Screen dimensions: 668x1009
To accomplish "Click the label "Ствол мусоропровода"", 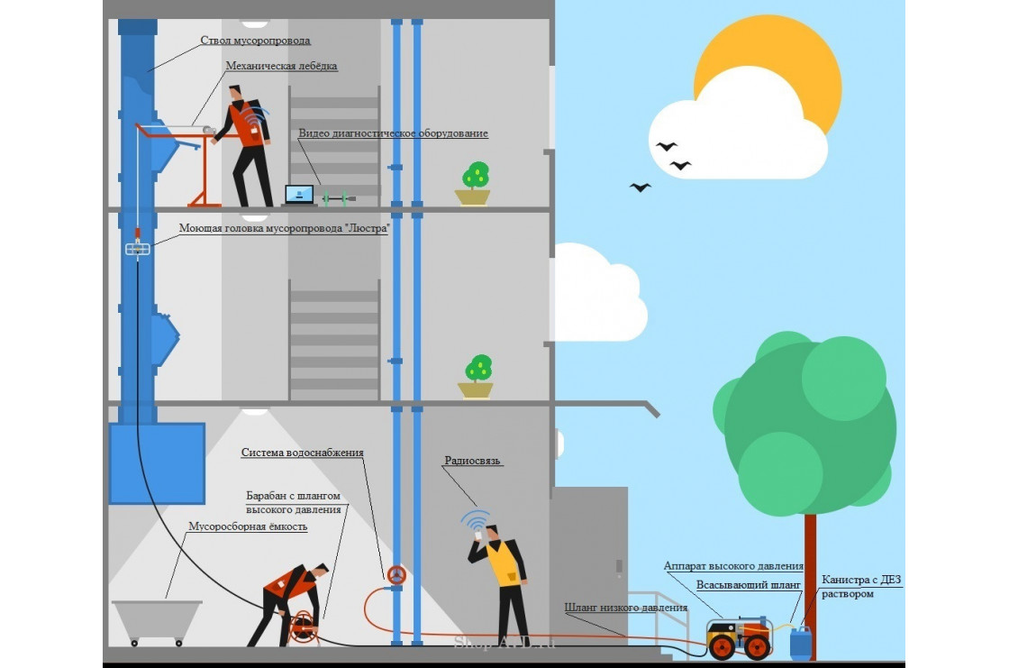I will tap(255, 41).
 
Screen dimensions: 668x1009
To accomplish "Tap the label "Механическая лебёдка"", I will tap(281, 67).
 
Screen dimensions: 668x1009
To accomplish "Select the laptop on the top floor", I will tap(299, 195).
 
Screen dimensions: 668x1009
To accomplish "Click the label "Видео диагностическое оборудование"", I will tap(394, 133).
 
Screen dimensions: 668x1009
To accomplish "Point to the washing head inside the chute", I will tap(137, 249).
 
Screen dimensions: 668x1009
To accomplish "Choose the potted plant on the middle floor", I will tap(476, 377).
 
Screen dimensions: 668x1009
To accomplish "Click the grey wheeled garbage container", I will tap(157, 621).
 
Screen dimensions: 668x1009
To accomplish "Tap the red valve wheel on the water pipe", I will tap(395, 574).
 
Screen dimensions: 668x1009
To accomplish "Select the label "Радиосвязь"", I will tap(472, 461).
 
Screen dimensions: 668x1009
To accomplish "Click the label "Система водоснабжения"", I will tap(302, 453).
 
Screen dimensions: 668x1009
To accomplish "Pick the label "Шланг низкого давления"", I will tap(626, 608).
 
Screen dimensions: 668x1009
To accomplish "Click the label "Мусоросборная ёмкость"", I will tap(247, 526).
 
